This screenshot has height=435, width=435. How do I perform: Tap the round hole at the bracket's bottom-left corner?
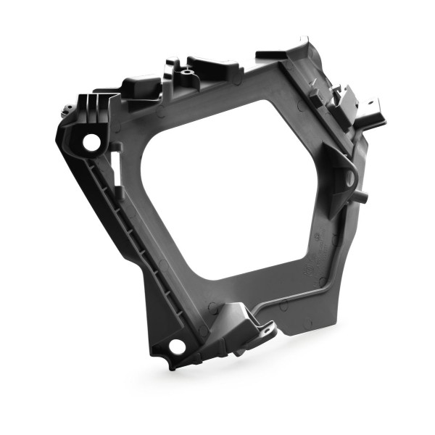point(176,346)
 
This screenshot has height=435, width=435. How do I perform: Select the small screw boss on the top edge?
point(187,74)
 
